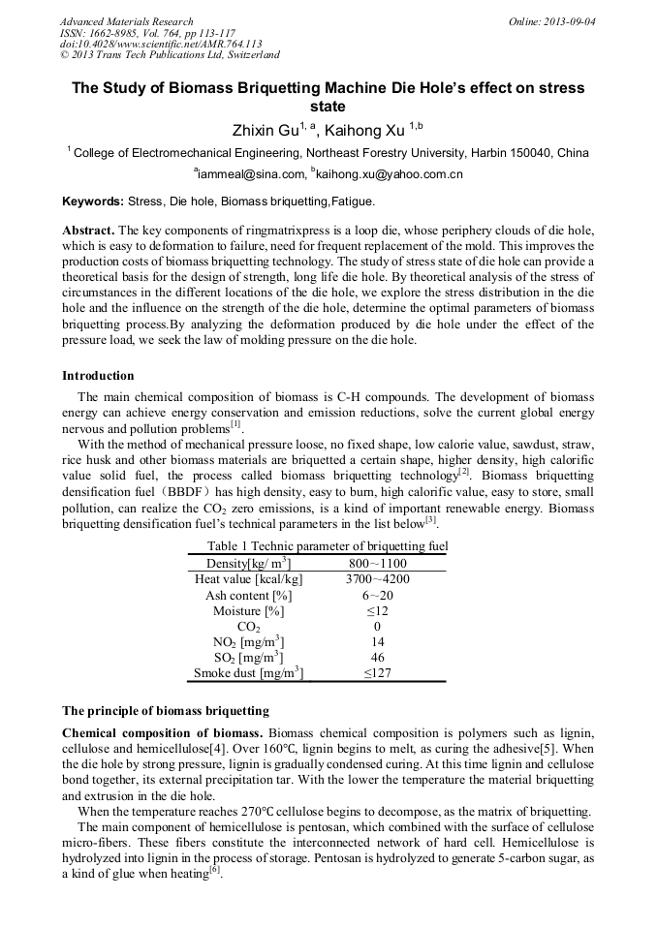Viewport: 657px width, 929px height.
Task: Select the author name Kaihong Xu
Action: [x=365, y=130]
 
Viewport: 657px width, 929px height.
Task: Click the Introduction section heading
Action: [x=98, y=375]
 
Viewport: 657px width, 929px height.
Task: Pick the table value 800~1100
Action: [x=378, y=564]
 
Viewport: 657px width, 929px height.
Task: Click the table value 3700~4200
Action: [x=378, y=579]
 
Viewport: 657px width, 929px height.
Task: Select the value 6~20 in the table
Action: [x=378, y=595]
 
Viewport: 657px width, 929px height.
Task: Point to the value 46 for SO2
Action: [x=378, y=657]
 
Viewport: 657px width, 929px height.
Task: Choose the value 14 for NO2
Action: [x=378, y=641]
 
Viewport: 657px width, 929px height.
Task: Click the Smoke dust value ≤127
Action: [x=378, y=672]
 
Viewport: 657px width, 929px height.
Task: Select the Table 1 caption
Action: [x=328, y=546]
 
